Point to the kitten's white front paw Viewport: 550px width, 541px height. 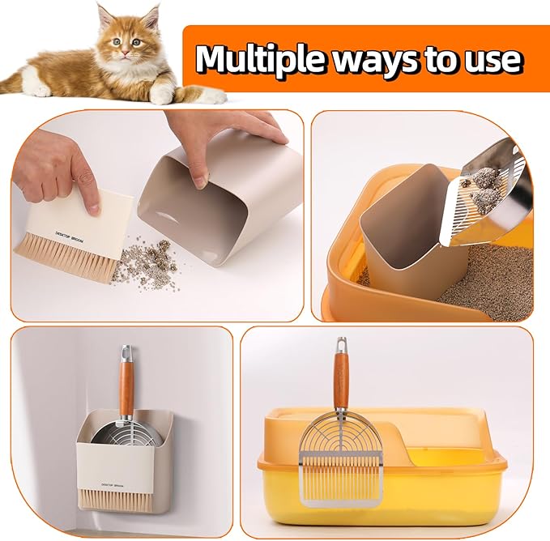point(162,94)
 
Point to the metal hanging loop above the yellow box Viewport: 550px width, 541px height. point(343,347)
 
